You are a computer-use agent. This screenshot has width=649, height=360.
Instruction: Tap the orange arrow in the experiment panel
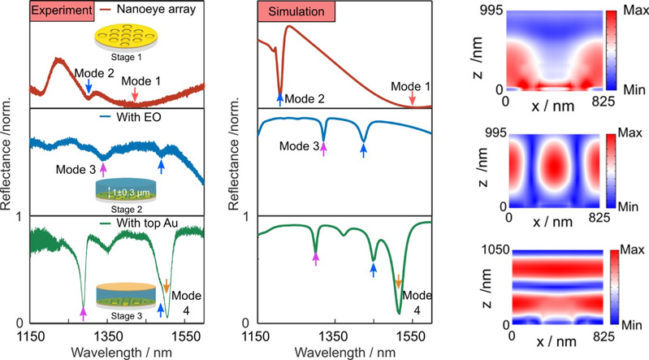[167, 284]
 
